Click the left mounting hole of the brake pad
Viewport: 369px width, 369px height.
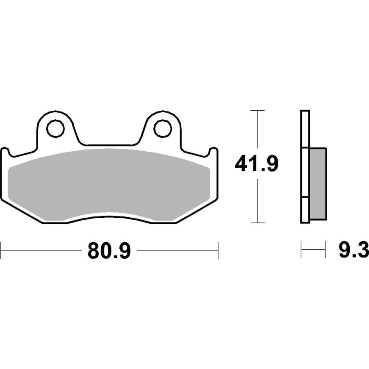click(55, 128)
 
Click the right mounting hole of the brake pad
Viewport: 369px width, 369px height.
click(162, 128)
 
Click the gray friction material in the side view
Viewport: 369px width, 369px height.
click(318, 184)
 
